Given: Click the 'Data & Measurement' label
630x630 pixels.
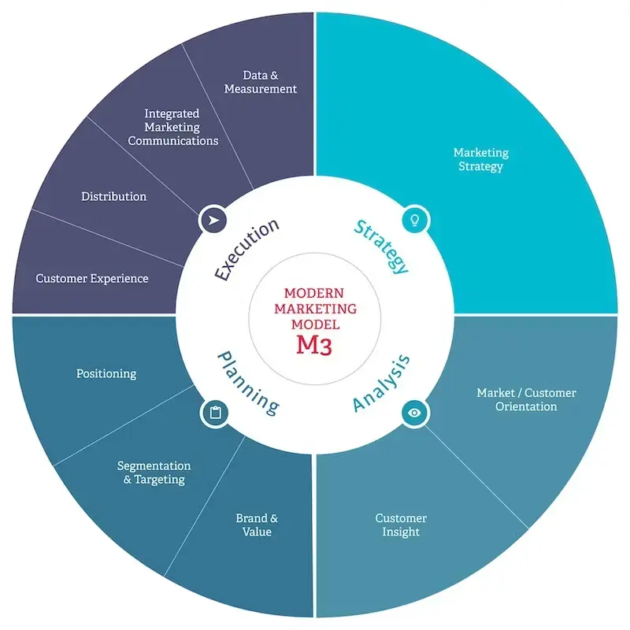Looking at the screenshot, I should click(x=260, y=83).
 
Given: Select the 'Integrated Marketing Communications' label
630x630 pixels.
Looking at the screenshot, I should click(x=172, y=128).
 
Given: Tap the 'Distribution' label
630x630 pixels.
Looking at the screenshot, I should click(x=114, y=196).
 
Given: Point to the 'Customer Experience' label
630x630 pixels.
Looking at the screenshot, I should click(x=92, y=278).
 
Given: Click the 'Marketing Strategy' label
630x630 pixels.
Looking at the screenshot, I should click(x=480, y=159).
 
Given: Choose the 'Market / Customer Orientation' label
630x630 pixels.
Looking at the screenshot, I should click(x=526, y=399).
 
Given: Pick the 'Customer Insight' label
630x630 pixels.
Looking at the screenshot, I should click(x=401, y=525).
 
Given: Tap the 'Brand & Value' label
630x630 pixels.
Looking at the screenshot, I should click(x=257, y=525).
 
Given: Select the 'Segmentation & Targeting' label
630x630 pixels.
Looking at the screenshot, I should click(x=154, y=472).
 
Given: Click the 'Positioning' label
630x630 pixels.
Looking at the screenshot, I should click(x=106, y=373).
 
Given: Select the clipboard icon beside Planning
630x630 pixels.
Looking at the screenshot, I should click(x=215, y=412).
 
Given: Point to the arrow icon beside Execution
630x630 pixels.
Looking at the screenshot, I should click(x=212, y=220).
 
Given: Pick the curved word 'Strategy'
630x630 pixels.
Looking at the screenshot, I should click(x=382, y=246).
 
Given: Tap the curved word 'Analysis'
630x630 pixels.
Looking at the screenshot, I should click(x=382, y=384).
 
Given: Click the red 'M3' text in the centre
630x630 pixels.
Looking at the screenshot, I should click(x=314, y=344).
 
